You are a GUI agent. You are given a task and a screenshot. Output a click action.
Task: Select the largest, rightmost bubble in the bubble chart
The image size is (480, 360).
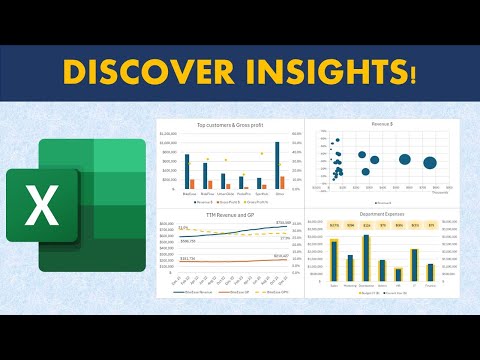430,163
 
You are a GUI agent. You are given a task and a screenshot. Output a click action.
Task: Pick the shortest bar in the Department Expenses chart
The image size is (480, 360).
399,274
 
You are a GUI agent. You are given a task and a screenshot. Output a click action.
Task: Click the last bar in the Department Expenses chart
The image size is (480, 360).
430,271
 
